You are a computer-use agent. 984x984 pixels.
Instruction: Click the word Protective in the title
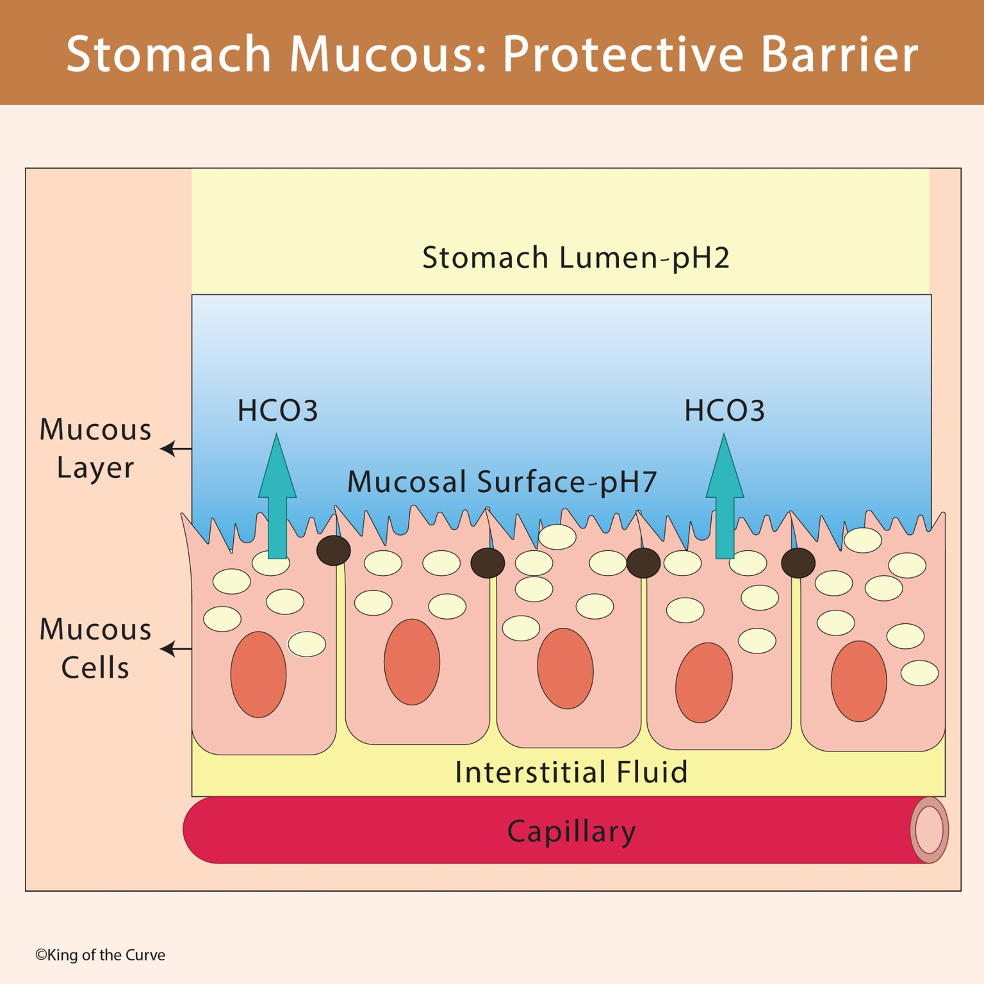click(622, 54)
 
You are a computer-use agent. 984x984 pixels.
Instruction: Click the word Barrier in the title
click(839, 54)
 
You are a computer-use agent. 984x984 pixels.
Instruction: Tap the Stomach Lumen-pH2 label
click(575, 258)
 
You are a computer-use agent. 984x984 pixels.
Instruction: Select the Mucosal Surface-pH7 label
click(502, 482)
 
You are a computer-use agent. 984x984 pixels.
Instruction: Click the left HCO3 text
click(277, 411)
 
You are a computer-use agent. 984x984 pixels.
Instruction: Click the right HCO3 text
click(725, 411)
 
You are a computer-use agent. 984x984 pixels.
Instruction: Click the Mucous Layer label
click(95, 448)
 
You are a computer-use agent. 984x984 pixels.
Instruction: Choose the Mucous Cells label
click(95, 648)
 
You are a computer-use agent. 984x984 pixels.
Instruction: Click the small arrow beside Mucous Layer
click(176, 449)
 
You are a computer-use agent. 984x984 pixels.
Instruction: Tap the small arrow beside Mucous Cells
click(176, 649)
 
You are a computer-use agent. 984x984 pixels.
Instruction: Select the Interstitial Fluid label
click(571, 772)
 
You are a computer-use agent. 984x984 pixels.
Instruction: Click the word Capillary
click(571, 832)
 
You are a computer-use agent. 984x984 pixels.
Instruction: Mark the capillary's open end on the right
click(929, 830)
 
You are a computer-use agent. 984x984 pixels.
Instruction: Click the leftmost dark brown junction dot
click(334, 550)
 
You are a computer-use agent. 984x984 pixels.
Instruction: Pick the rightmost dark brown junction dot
click(798, 563)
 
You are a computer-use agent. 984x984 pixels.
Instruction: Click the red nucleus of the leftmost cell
click(258, 675)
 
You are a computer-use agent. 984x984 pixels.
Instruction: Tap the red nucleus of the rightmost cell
click(858, 681)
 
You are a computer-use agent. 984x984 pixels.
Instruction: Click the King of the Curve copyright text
click(100, 955)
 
